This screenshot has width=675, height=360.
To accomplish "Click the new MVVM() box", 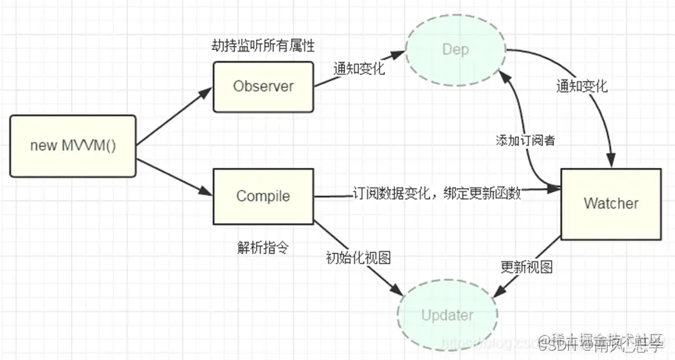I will point(73,145).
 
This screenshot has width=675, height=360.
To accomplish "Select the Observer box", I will point(263,86).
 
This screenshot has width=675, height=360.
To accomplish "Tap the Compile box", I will point(263,195).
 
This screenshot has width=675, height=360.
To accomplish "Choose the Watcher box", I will point(610,204).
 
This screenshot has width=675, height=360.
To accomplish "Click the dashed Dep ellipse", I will point(456,50).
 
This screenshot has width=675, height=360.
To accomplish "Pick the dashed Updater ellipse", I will point(446,315).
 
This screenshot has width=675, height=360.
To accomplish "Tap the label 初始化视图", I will point(358,257).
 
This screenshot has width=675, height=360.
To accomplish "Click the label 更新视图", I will point(527,268).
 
